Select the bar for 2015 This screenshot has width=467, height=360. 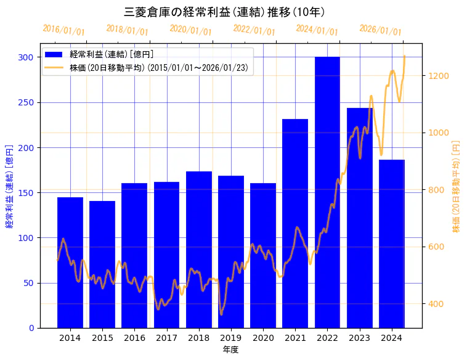[102, 264]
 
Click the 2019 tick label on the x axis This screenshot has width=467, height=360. [231, 338]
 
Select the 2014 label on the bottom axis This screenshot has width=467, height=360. [70, 338]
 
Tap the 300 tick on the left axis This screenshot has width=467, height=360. [25, 57]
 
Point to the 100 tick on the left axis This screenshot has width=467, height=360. [25, 238]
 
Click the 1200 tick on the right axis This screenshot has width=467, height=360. [438, 76]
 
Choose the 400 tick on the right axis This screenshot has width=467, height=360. [436, 304]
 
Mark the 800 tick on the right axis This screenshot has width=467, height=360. [436, 190]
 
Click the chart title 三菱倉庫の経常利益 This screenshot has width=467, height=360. [225, 12]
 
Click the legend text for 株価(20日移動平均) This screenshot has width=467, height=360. [159, 68]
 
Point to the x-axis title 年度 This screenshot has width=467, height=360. [231, 350]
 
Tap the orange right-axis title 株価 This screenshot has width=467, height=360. [457, 186]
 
